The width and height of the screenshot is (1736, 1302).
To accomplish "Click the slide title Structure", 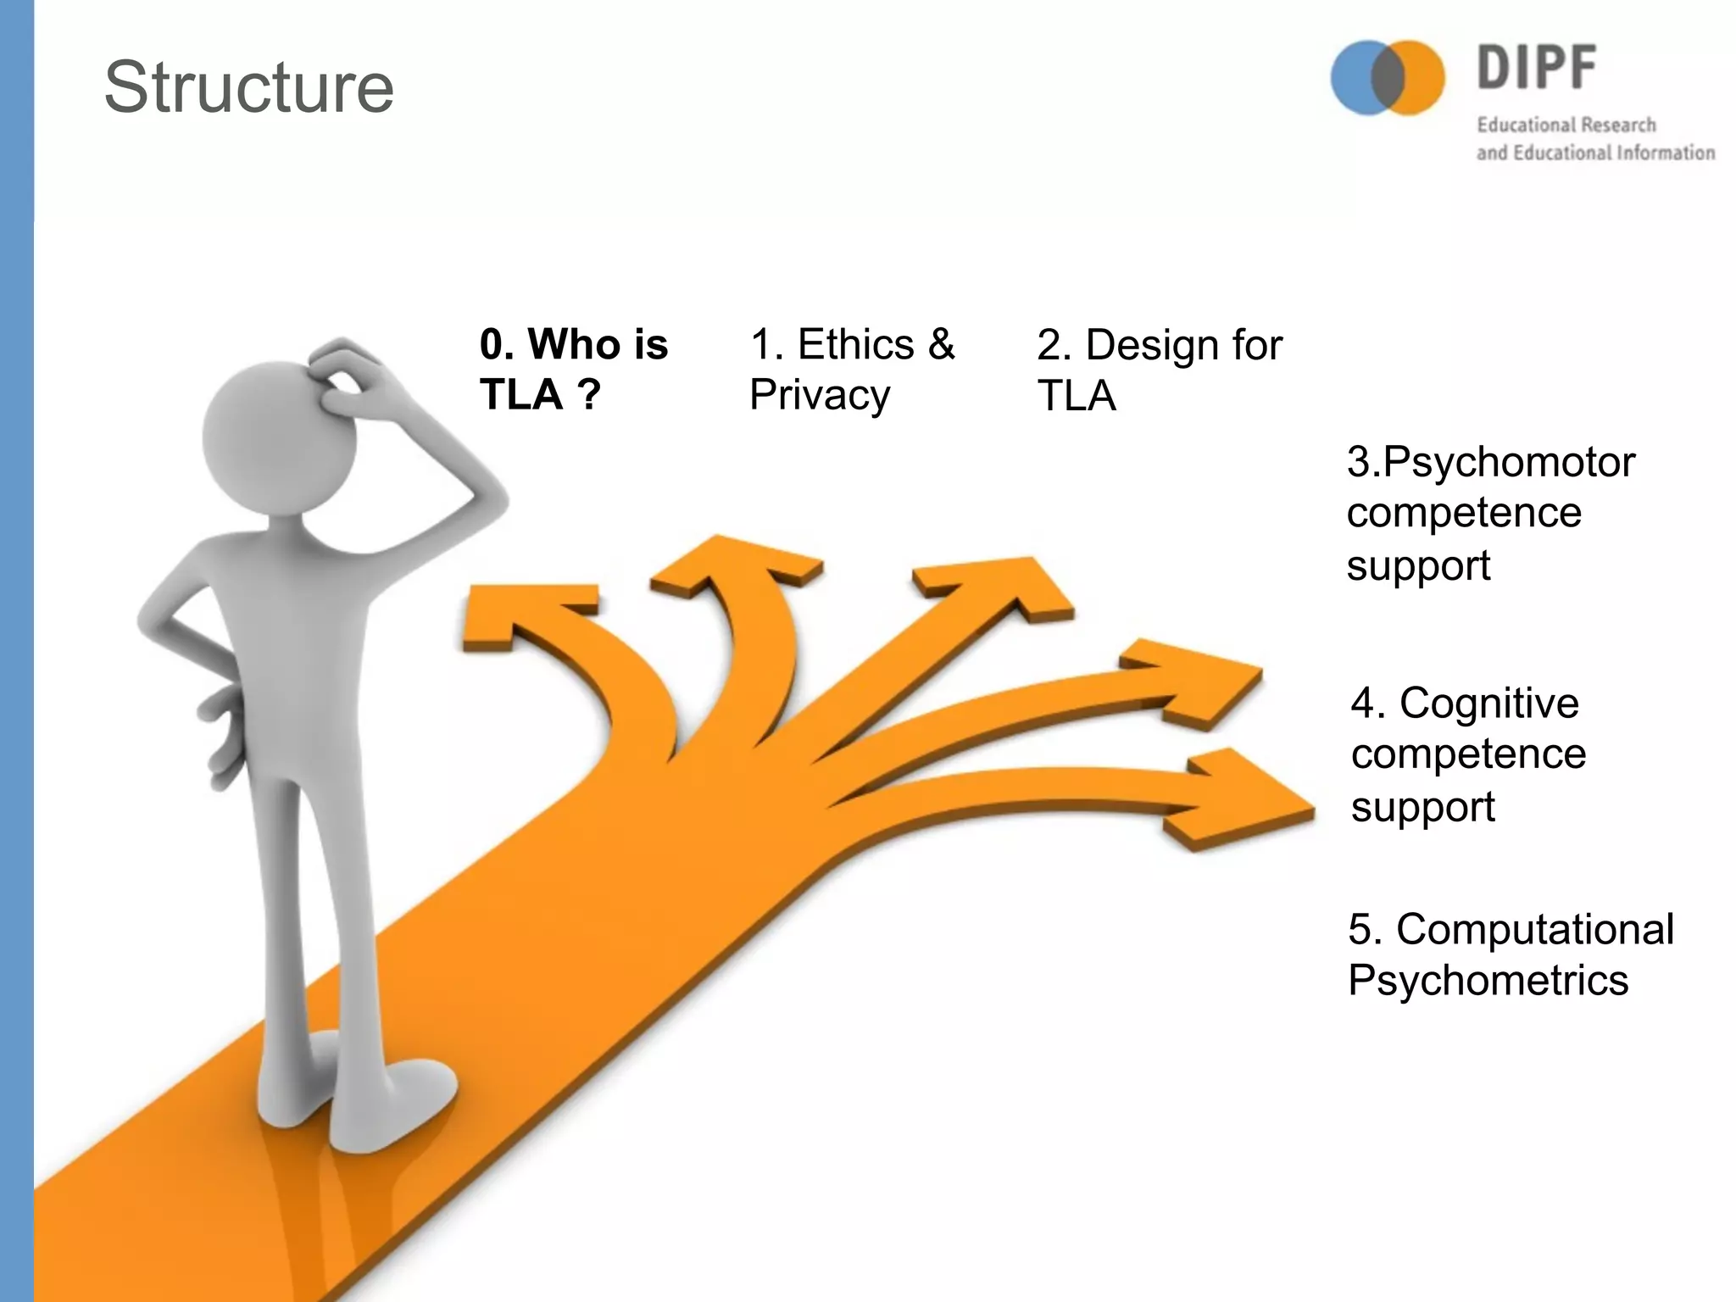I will coord(249,87).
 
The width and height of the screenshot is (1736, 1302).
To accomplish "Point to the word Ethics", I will coord(856,344).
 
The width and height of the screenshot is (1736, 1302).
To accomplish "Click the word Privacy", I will coord(820,395).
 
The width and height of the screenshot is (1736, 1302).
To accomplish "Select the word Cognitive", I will coord(1488,703).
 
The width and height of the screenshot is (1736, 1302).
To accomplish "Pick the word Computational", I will coord(1535,929).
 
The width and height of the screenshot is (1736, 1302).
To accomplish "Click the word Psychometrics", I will coord(1488,981).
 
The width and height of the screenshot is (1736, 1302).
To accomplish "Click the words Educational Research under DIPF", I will coord(1566,125).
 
